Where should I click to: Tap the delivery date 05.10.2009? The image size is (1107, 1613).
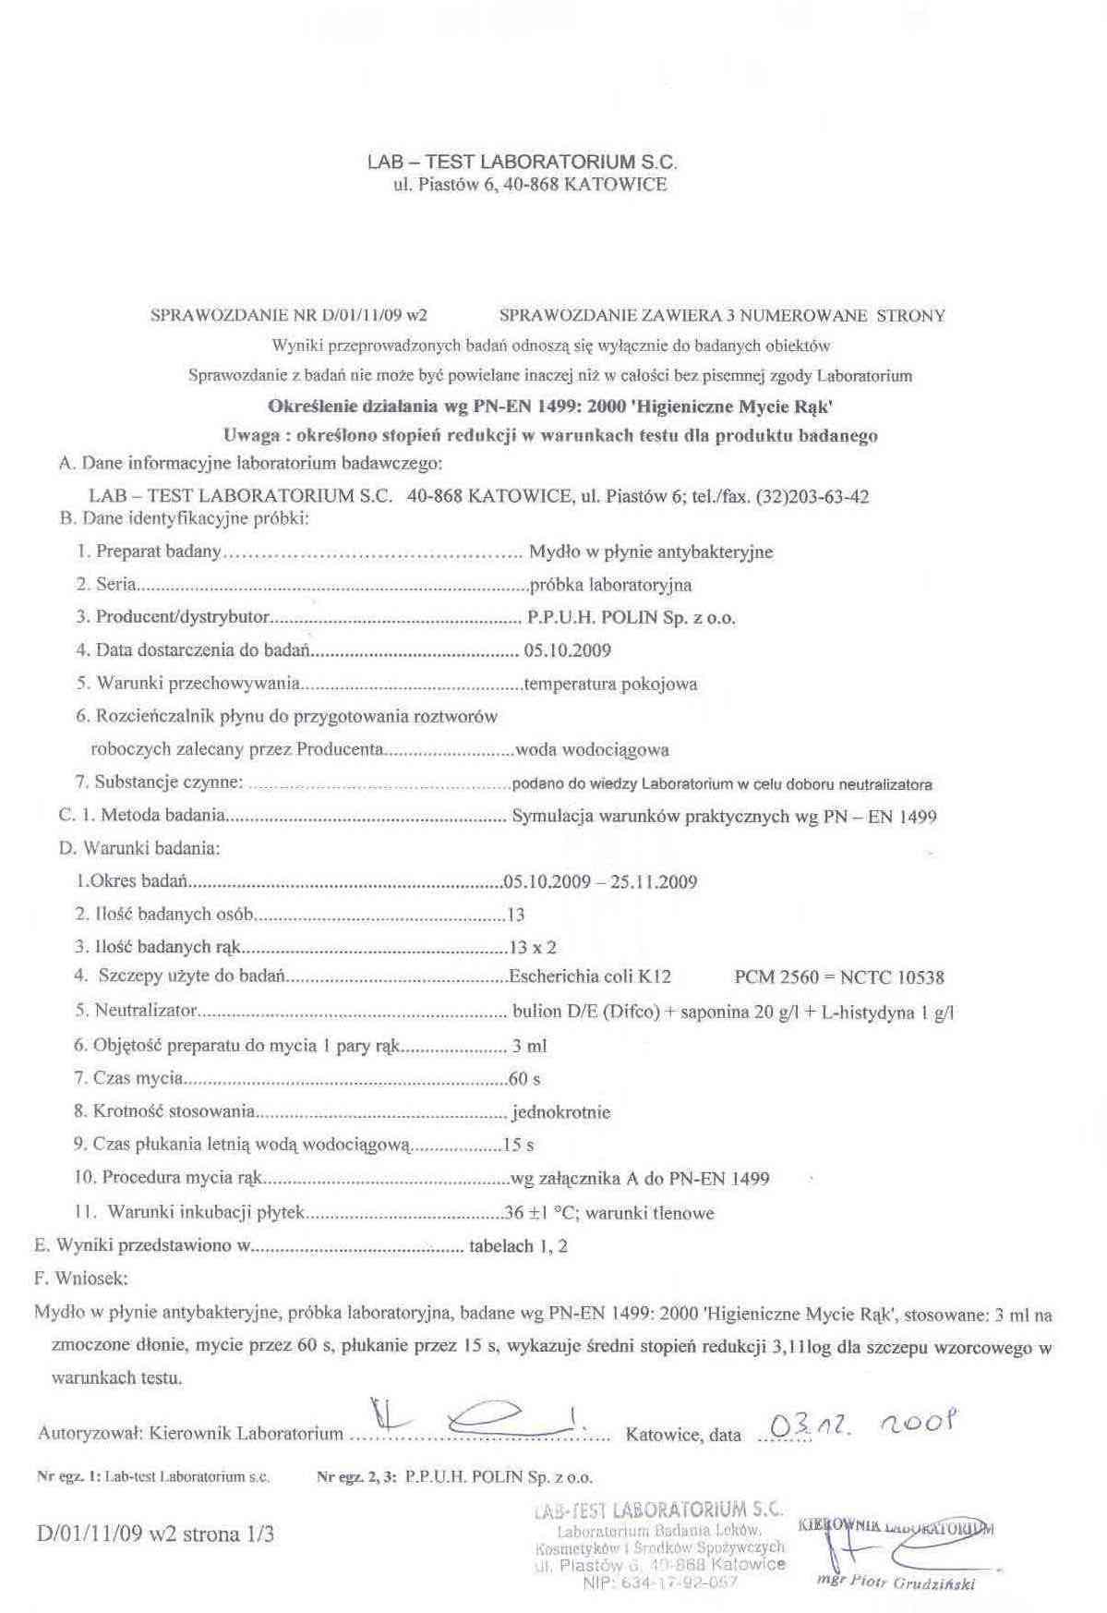coord(567,650)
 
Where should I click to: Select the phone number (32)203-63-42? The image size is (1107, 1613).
coord(812,496)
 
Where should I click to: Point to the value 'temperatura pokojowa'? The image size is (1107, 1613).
coord(610,685)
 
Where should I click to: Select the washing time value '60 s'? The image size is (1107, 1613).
coord(523,1079)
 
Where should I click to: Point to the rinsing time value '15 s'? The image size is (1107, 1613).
coord(518,1146)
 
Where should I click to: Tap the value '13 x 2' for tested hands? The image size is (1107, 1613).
coord(533,947)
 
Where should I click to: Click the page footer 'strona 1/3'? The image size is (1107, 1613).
coord(232,1534)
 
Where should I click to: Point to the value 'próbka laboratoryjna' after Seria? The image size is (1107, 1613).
coord(610,585)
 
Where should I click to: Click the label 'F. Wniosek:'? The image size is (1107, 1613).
coord(81,1279)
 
